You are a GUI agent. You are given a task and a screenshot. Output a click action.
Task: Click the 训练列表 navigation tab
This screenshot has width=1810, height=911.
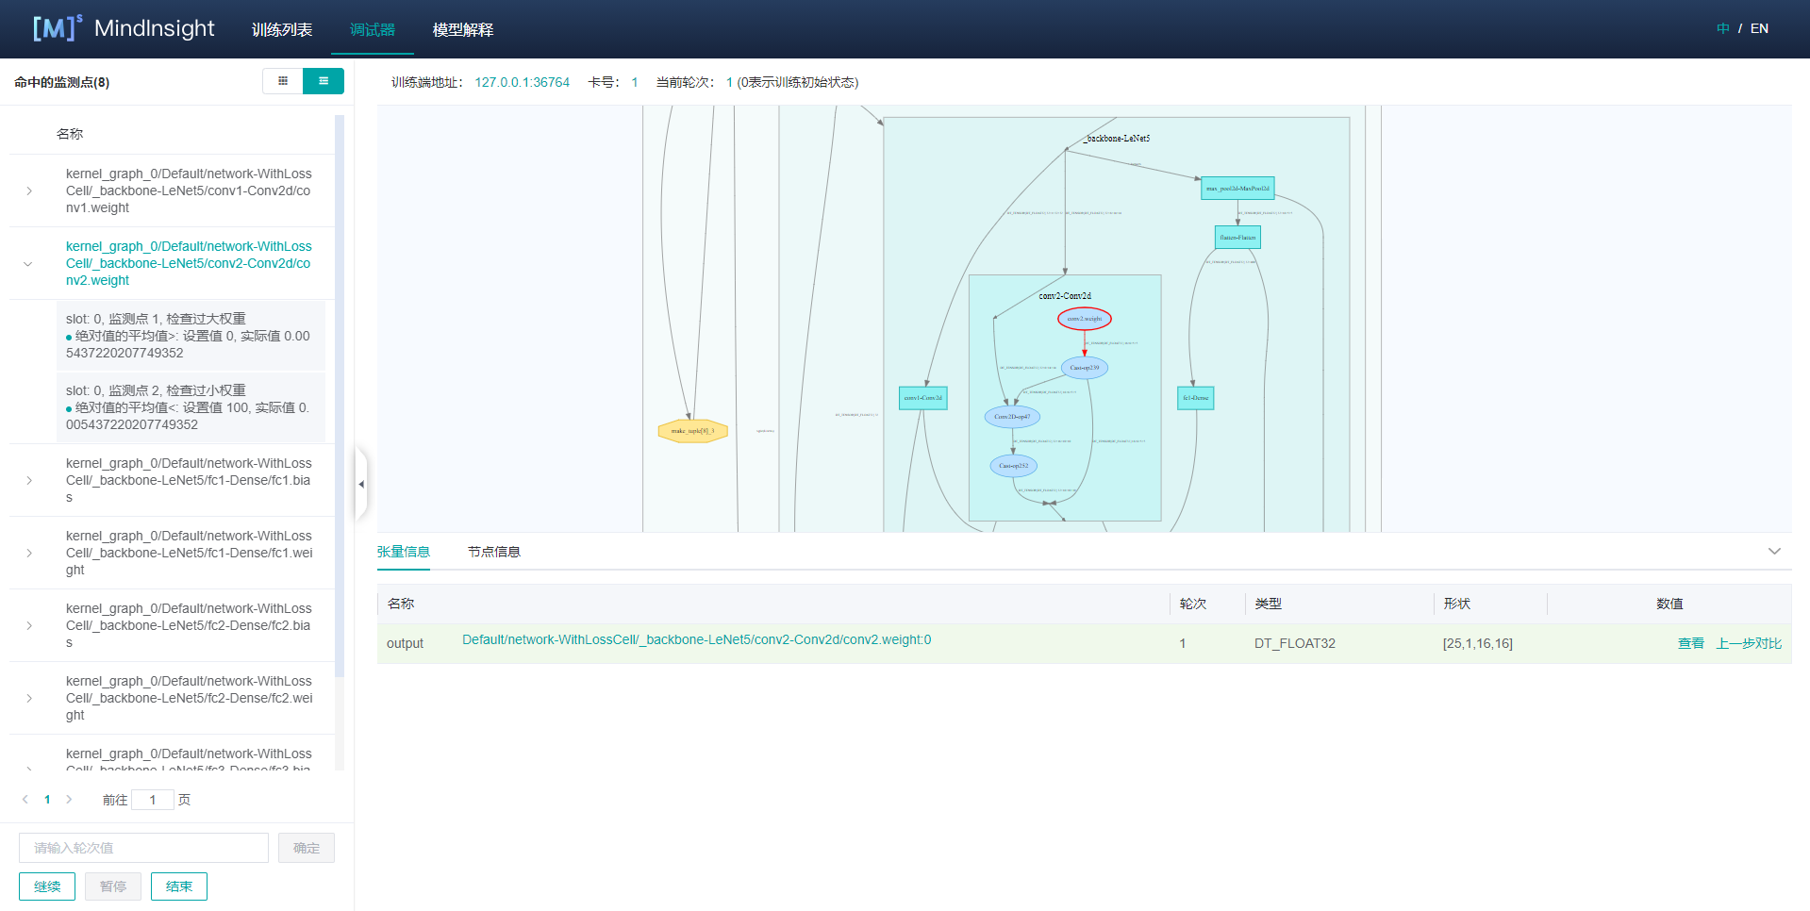[281, 29]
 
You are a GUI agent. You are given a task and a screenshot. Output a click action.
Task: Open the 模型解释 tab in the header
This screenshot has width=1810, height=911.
[462, 29]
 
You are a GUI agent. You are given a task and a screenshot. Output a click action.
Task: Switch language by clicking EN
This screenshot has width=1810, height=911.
[1759, 28]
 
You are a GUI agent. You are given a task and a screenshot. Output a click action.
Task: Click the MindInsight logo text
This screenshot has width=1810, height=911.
[154, 28]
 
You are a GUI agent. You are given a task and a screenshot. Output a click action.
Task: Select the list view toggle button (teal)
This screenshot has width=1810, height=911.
[323, 81]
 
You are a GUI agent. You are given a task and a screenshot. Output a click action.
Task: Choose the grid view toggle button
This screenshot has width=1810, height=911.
[282, 81]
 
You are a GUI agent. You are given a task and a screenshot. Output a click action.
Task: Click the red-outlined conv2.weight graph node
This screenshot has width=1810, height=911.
[1084, 319]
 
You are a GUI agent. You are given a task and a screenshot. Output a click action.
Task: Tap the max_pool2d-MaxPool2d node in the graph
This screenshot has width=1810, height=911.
[1237, 189]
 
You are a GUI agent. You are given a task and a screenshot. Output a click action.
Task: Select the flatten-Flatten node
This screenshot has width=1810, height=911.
[1237, 237]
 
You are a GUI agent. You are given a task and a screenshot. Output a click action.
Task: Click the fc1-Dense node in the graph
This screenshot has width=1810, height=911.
[1195, 398]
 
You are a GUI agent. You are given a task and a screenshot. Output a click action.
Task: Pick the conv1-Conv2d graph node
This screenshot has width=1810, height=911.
[922, 398]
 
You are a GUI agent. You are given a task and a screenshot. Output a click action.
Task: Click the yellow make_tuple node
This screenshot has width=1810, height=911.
[692, 431]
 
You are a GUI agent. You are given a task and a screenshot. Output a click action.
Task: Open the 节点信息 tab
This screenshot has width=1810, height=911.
[493, 552]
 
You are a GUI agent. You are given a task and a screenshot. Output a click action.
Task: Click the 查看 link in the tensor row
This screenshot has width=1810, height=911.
[1690, 643]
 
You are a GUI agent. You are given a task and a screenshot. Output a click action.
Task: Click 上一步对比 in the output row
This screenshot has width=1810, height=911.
[1748, 643]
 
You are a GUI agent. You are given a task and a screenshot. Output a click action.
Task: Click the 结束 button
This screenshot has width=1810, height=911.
[178, 886]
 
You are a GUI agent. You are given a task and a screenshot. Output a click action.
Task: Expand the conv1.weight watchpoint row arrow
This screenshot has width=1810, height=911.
[29, 190]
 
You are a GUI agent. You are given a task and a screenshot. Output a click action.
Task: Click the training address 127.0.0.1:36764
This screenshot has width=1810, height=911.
[522, 82]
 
